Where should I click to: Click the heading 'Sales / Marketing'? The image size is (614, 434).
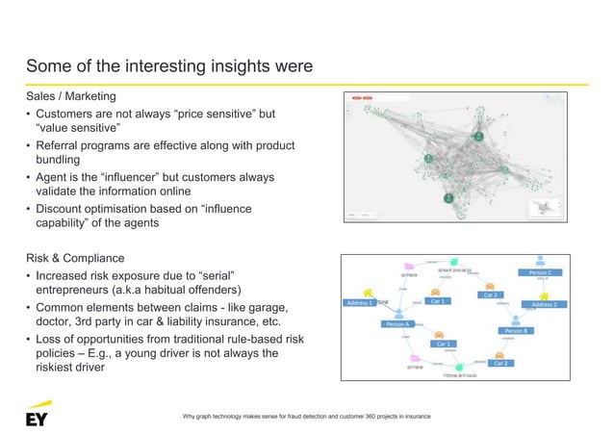point(70,97)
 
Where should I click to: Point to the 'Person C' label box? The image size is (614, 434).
point(543,273)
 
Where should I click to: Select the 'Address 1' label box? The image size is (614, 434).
point(358,303)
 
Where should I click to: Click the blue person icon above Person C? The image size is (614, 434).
point(542,260)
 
